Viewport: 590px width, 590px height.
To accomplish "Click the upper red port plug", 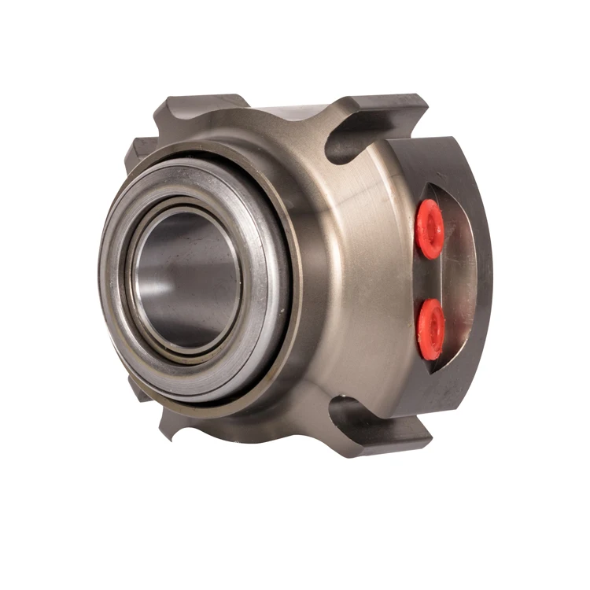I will [430, 228].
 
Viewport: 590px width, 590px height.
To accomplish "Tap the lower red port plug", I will [431, 328].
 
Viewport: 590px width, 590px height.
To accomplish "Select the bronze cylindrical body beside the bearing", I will [346, 275].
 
